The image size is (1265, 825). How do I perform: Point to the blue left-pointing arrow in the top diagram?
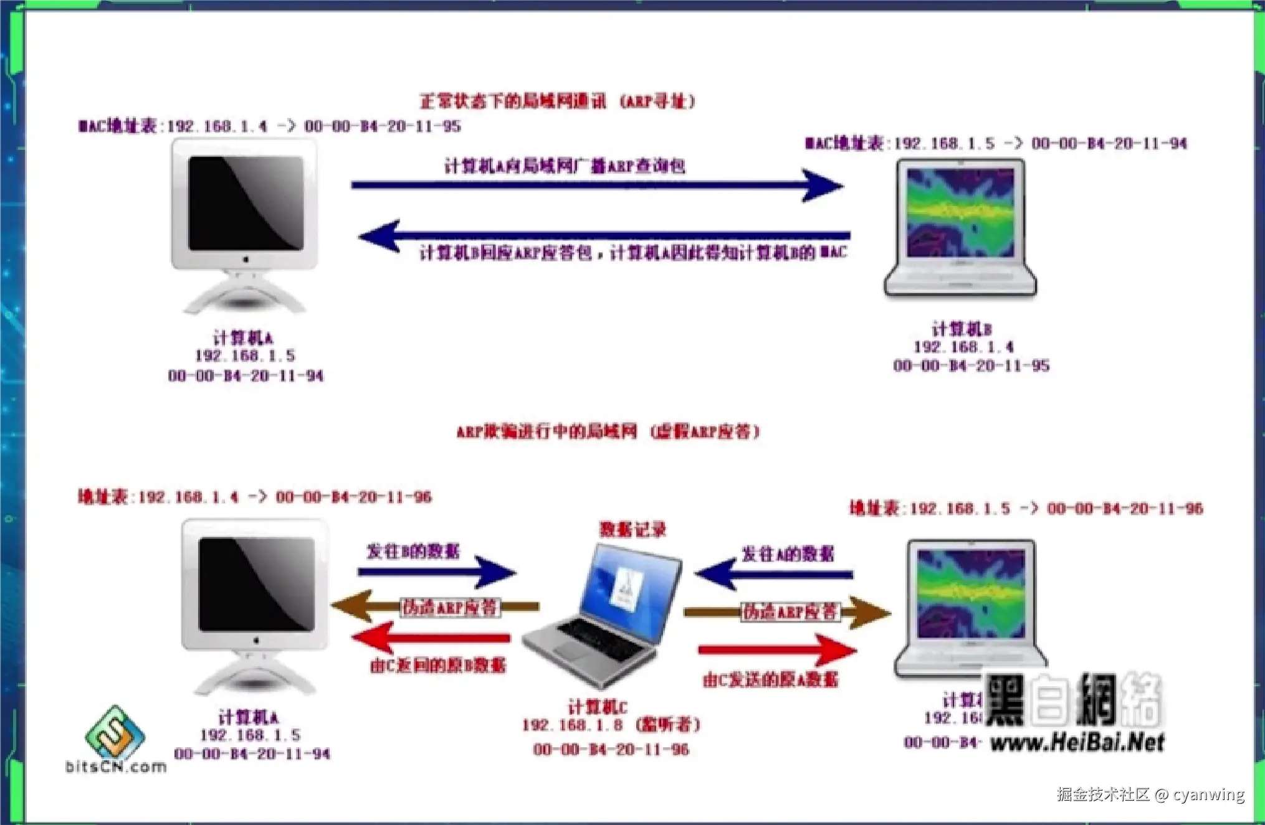pos(604,235)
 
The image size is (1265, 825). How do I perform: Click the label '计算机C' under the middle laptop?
pos(596,707)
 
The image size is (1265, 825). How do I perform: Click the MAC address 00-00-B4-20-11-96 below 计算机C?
pos(611,750)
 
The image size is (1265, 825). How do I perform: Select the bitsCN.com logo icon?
pos(115,733)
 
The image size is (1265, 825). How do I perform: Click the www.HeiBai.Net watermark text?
pos(1077,742)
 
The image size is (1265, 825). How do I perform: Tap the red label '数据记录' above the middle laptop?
pos(632,530)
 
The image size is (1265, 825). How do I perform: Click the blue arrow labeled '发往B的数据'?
pos(436,572)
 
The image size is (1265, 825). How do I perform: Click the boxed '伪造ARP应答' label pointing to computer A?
pos(449,607)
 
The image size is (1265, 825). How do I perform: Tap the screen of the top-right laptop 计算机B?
pos(960,213)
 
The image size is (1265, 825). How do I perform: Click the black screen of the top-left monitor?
pos(246,202)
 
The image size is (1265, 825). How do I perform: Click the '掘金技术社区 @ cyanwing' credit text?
pos(1150,794)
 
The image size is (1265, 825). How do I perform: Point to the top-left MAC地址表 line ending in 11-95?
pos(269,126)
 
